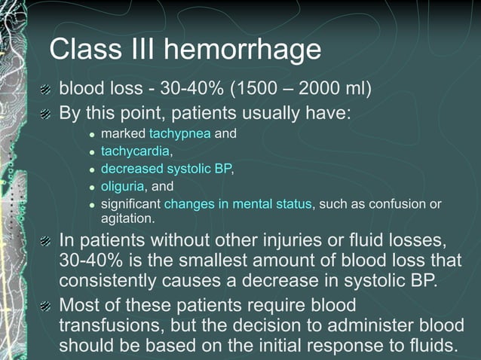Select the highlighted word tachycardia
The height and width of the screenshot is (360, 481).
139,151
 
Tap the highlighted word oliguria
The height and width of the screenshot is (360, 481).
124,186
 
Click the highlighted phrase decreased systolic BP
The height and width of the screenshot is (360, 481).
166,169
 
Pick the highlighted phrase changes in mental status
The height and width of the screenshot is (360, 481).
237,203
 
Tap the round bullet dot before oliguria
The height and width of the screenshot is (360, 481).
92,187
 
